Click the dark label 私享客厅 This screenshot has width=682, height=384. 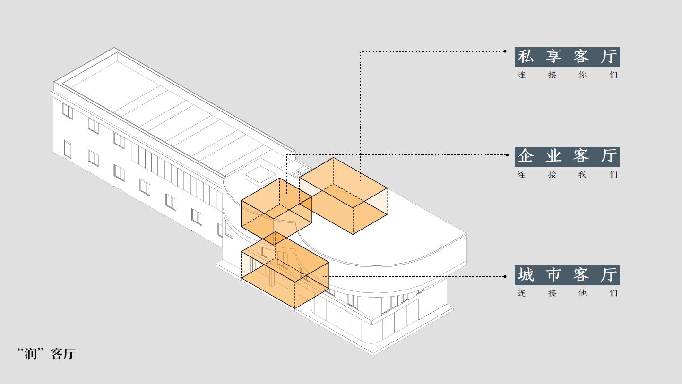pos(567,57)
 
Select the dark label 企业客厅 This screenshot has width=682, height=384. pos(567,156)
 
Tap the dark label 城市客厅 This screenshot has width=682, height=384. pos(567,275)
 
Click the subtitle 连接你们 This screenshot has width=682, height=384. pos(567,75)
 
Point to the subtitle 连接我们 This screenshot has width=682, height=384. pos(567,175)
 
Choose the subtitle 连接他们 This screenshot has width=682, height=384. pos(567,293)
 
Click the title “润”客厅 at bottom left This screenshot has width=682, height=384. pos(46,354)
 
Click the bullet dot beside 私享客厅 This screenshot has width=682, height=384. pos(505,51)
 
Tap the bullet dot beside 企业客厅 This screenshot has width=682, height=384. pos(505,154)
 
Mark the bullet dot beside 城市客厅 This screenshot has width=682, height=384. pos(505,276)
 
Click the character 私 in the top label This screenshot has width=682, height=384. pos(526,57)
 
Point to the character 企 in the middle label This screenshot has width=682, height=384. pos(526,156)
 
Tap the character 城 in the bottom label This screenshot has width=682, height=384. pos(526,275)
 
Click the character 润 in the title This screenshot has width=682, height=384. pos(31,354)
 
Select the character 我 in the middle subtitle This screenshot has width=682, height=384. pos(582,175)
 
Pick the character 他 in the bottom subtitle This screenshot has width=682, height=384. pos(582,293)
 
